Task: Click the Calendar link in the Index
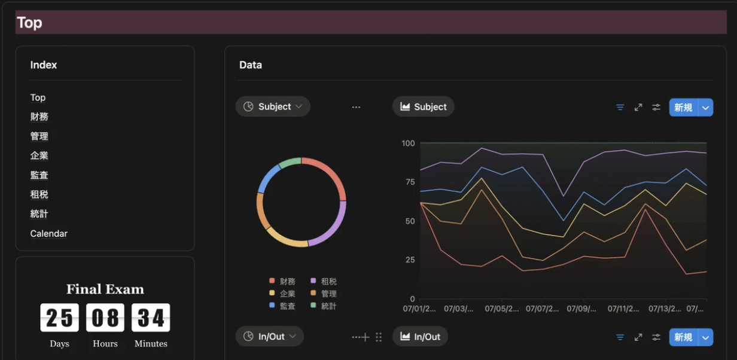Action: coord(48,233)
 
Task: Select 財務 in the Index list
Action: coord(39,117)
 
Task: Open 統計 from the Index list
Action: coord(39,213)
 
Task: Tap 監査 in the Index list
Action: coord(39,175)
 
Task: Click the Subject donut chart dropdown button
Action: coord(273,106)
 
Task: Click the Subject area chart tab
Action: coord(423,106)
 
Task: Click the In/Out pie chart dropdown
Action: coord(269,336)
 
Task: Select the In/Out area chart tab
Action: coord(420,336)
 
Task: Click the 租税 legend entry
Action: coord(324,281)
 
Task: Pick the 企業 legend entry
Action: coord(282,293)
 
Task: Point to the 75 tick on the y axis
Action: coord(410,182)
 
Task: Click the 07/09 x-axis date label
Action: coord(581,309)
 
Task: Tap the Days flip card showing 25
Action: coord(60,318)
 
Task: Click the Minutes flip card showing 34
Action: coord(151,318)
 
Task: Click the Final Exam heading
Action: coord(105,289)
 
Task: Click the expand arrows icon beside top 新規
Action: coord(638,108)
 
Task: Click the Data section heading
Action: coord(251,65)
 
